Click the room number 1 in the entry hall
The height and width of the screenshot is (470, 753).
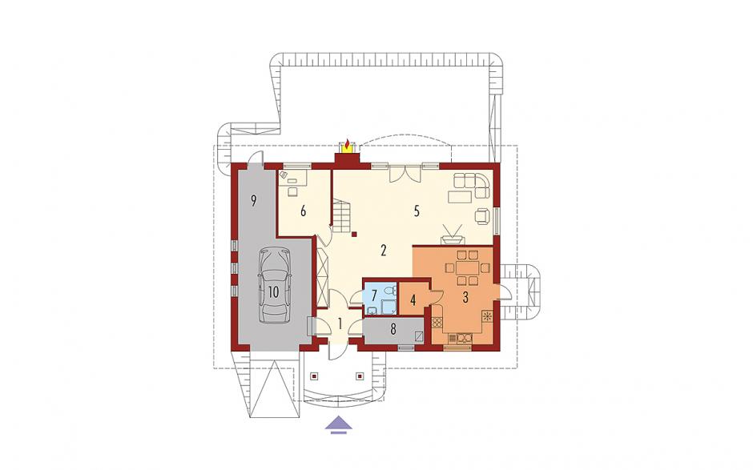340,324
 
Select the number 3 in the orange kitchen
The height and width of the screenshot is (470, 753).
465,298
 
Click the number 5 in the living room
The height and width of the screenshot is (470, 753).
417,211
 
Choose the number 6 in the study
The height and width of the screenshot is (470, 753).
303,211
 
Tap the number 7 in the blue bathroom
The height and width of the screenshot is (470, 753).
373,295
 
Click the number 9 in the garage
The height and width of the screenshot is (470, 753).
254,201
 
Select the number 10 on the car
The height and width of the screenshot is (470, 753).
273,292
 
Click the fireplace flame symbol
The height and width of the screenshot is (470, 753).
347,144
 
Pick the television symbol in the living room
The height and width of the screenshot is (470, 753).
452,234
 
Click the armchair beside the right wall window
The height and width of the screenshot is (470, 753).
482,215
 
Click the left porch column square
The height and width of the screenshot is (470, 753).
315,376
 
